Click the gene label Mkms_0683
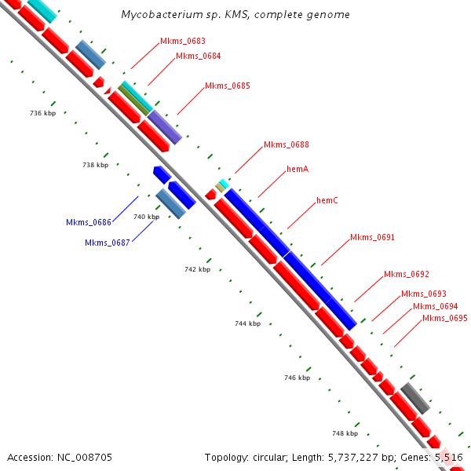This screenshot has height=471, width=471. (183, 41)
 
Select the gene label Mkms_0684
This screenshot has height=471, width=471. (198, 56)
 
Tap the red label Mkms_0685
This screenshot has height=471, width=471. (227, 86)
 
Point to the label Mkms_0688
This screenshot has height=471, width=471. (286, 144)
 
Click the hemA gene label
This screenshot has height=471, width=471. (298, 169)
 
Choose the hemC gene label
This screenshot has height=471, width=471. (327, 200)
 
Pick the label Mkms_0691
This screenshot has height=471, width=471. (372, 237)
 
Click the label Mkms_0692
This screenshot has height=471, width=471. (406, 274)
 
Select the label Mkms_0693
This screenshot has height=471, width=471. (423, 294)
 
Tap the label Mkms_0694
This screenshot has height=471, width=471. (435, 306)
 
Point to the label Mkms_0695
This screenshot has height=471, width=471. (445, 318)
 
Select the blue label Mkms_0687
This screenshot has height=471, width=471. (107, 243)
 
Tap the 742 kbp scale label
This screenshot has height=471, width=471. (198, 269)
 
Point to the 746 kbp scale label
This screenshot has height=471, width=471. (297, 378)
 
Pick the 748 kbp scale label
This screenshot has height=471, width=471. (345, 433)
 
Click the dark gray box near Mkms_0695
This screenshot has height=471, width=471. (414, 399)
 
